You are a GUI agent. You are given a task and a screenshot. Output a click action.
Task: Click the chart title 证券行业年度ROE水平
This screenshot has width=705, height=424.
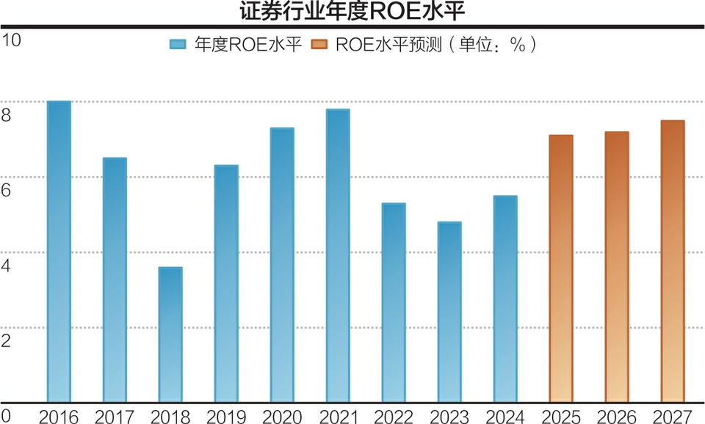(352, 12)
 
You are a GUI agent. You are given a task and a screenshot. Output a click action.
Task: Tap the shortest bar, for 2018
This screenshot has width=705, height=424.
(170, 335)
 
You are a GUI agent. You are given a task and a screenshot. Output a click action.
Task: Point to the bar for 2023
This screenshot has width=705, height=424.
(449, 312)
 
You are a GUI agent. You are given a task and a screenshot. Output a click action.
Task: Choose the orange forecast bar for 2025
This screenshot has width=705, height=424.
(561, 268)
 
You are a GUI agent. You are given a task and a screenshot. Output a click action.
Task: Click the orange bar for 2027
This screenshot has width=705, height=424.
(673, 261)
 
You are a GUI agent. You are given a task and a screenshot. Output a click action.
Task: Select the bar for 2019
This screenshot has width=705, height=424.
(226, 283)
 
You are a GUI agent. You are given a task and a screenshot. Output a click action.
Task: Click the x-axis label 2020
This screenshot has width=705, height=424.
(282, 417)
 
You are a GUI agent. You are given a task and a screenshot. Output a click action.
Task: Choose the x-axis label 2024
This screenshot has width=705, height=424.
(505, 417)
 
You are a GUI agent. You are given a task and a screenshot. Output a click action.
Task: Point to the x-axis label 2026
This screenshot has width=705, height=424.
(617, 417)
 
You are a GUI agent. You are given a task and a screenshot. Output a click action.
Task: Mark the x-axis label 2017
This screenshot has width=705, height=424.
(115, 417)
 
